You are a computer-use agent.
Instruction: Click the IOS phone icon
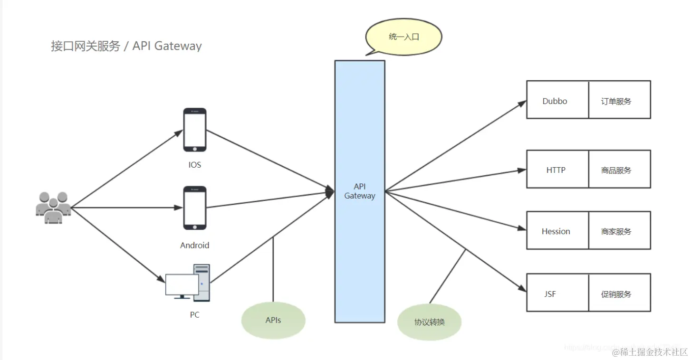point(195,130)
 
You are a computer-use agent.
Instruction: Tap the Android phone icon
point(195,208)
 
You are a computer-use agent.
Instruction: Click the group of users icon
point(53,208)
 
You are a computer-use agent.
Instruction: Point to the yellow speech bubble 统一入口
point(404,37)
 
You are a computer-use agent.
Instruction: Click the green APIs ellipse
point(273,320)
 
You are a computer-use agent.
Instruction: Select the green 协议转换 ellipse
point(429,322)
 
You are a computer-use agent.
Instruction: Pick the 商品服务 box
point(619,169)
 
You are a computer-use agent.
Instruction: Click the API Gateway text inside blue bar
point(360,191)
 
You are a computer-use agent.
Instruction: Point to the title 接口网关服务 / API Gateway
point(126,46)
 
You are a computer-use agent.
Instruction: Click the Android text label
point(195,246)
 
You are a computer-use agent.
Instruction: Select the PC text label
point(194,315)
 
